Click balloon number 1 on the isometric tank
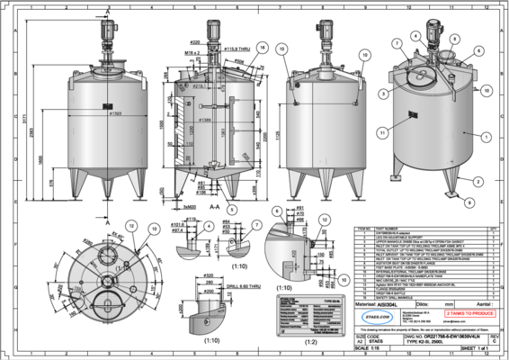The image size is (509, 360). pyautogui.click(x=487, y=137)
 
